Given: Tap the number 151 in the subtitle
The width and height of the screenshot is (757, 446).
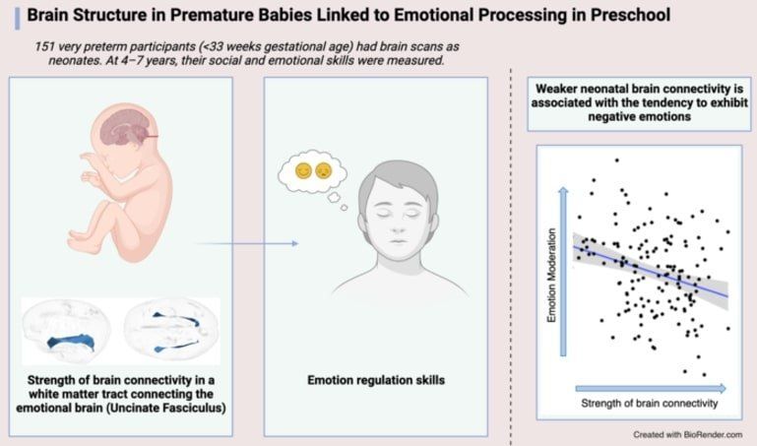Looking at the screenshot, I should pos(48,46).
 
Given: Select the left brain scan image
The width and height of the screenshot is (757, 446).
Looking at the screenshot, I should pos(69,331).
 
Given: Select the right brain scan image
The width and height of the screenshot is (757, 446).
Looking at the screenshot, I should pos(172,329).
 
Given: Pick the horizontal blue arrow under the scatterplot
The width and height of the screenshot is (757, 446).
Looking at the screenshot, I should pos(651,387).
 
